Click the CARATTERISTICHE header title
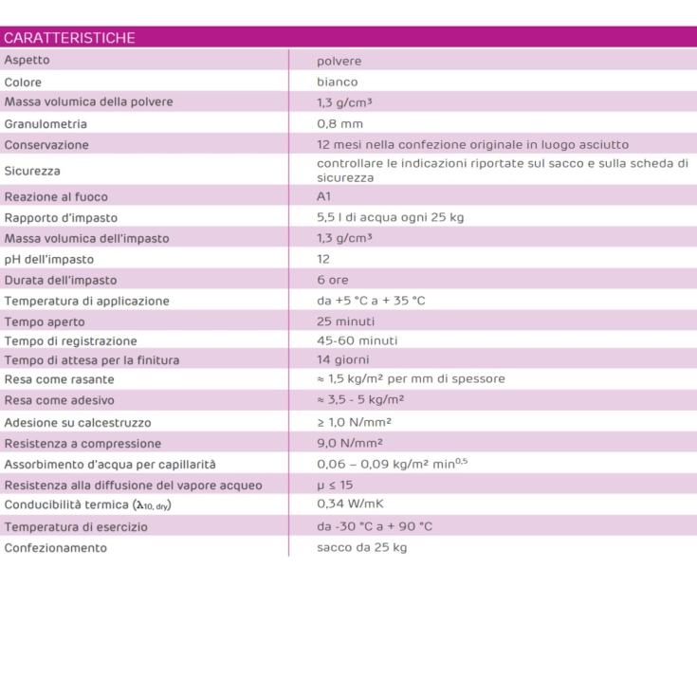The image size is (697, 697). pyautogui.click(x=69, y=38)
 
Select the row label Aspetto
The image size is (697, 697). pyautogui.click(x=27, y=60)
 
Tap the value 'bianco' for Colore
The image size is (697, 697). pyautogui.click(x=338, y=82)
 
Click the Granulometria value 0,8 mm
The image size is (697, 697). pyautogui.click(x=339, y=123)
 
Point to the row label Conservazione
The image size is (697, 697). pyautogui.click(x=46, y=145)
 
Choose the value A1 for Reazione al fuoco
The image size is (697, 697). pyautogui.click(x=324, y=196)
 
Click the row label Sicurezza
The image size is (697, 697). pyautogui.click(x=32, y=171)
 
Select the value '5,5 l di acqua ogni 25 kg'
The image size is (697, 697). pyautogui.click(x=390, y=217)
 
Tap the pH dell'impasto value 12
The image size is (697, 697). pyautogui.click(x=323, y=259)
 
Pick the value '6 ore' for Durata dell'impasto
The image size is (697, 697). pyautogui.click(x=334, y=280)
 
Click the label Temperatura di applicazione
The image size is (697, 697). pyautogui.click(x=86, y=301)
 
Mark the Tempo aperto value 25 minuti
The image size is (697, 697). pyautogui.click(x=345, y=321)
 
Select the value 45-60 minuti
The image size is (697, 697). pyautogui.click(x=358, y=340)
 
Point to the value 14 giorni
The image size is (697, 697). pyautogui.click(x=343, y=359)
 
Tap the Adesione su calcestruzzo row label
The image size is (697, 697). pyautogui.click(x=78, y=422)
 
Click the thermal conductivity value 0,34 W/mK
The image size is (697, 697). pyautogui.click(x=350, y=504)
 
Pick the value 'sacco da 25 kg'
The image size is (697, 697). pyautogui.click(x=361, y=547)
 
